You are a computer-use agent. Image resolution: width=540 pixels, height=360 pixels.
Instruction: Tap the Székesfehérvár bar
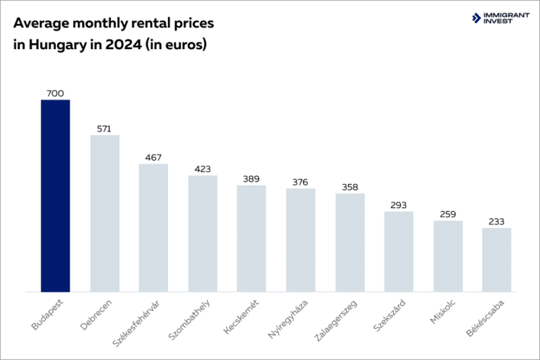(153, 228)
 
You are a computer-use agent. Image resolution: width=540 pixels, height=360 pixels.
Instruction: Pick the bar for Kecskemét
(252, 238)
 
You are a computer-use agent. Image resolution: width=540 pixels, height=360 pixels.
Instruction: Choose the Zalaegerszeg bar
(350, 243)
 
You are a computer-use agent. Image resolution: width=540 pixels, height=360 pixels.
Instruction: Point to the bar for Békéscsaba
(496, 259)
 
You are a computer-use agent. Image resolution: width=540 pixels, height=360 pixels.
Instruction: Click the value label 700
(56, 94)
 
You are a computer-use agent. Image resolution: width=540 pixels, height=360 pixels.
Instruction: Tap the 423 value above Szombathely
(202, 169)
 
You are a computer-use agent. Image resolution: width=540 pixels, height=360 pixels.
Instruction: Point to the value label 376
(301, 182)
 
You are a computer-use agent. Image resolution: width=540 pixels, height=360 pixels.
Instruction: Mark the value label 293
(399, 205)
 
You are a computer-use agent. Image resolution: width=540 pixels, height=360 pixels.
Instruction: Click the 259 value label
(448, 214)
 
